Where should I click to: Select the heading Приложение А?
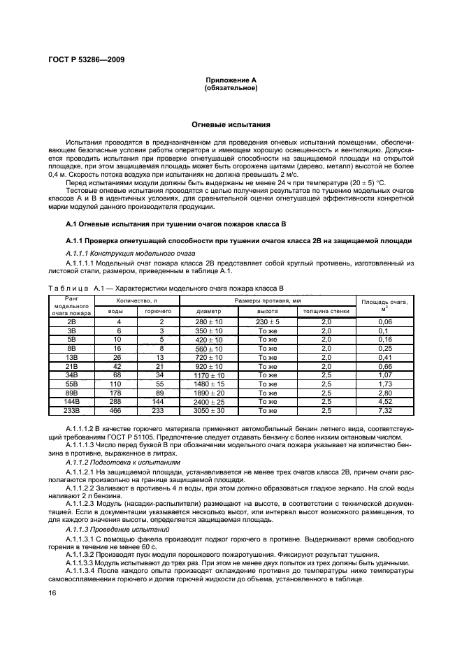tap(231, 81)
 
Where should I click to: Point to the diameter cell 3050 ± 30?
tap(209, 412)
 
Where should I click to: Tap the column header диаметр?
tap(209, 311)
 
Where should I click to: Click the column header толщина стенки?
tap(326, 311)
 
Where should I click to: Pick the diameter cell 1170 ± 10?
tap(209, 375)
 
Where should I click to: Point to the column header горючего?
tap(158, 311)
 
